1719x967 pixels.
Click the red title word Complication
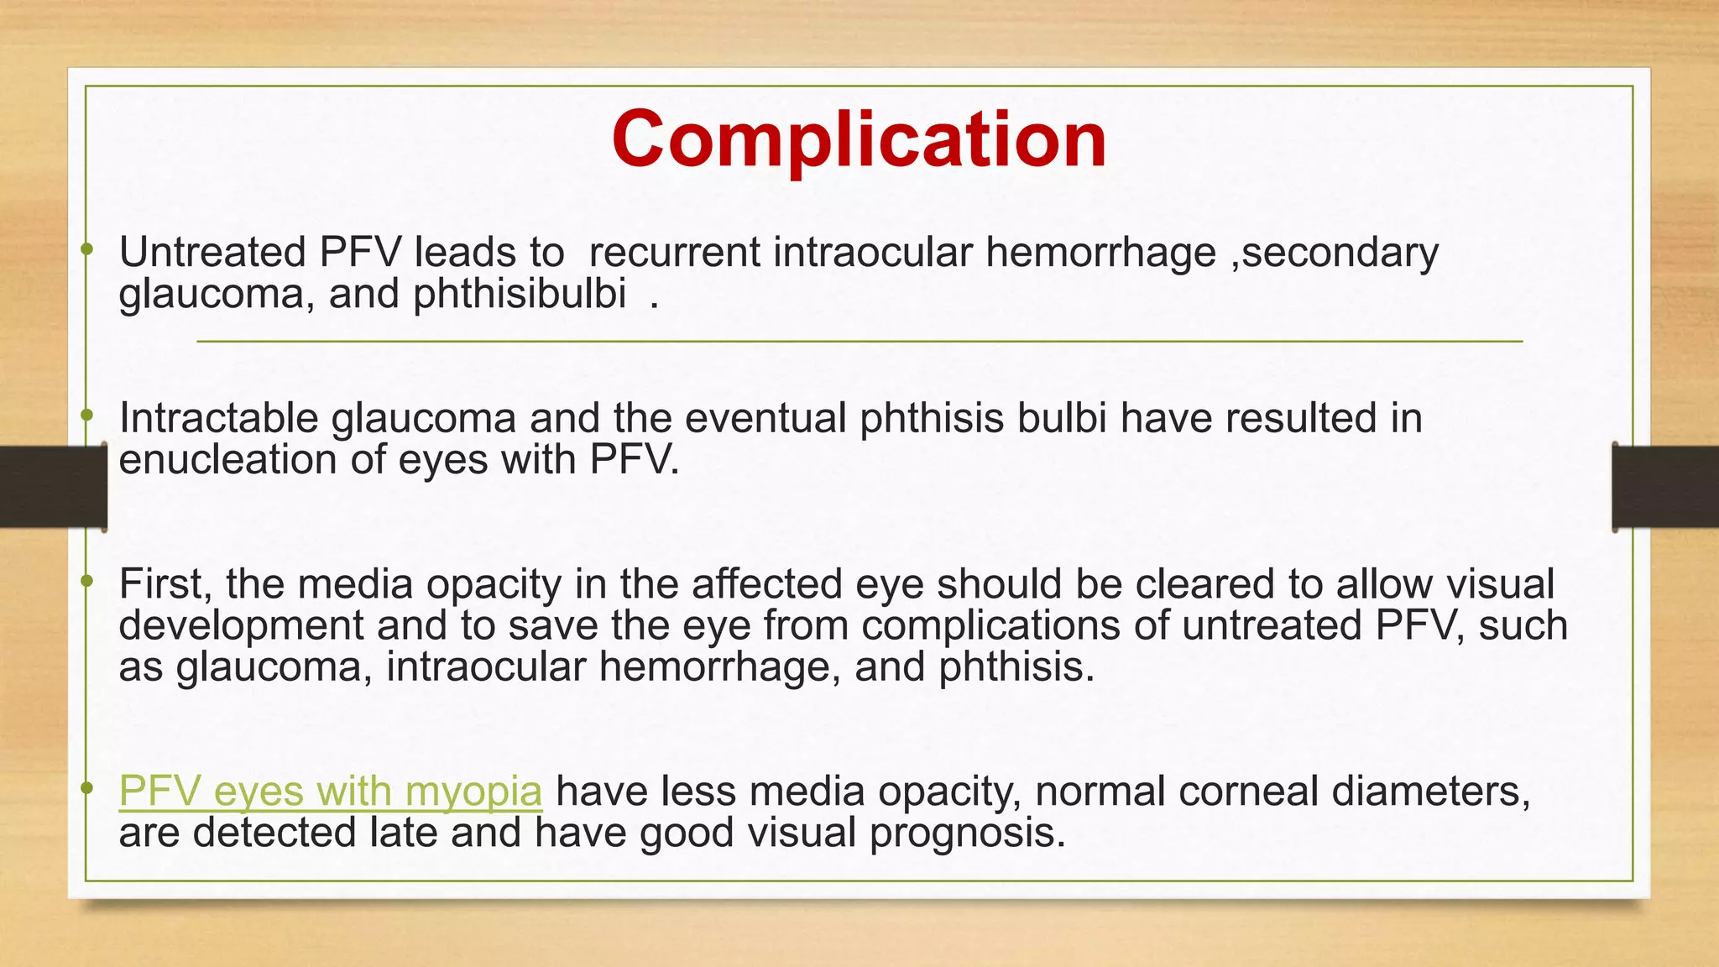click(x=859, y=139)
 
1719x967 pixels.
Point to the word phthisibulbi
click(x=520, y=294)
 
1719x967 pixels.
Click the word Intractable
click(x=218, y=418)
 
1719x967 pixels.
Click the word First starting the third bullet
click(x=165, y=583)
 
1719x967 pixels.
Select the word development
click(x=241, y=625)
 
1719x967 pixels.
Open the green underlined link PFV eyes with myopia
click(x=331, y=791)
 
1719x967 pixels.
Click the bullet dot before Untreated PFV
click(x=86, y=248)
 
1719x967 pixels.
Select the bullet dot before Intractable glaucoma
click(x=86, y=415)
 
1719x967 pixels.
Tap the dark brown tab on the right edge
click(x=1665, y=487)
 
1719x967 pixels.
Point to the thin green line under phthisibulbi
click(x=859, y=342)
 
